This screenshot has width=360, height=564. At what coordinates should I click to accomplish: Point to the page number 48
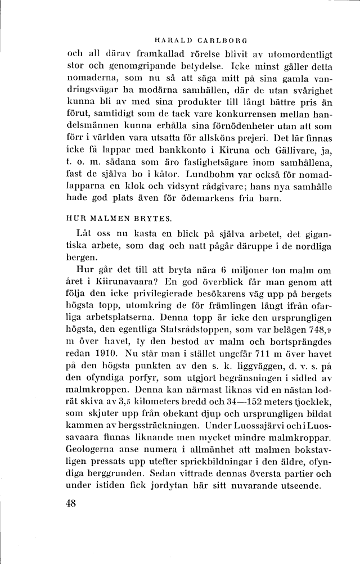[70, 503]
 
